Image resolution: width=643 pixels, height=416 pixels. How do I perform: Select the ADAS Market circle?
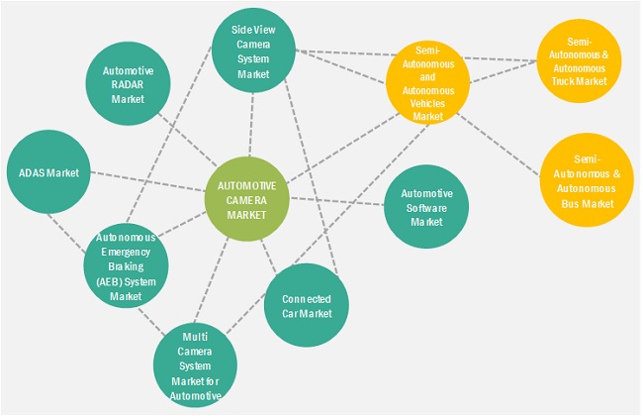tap(48, 172)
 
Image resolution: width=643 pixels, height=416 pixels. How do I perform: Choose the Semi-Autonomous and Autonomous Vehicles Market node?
tap(428, 82)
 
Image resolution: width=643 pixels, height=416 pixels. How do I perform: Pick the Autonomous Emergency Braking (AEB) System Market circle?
tap(127, 264)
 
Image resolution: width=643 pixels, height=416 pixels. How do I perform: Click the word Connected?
tap(306, 299)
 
